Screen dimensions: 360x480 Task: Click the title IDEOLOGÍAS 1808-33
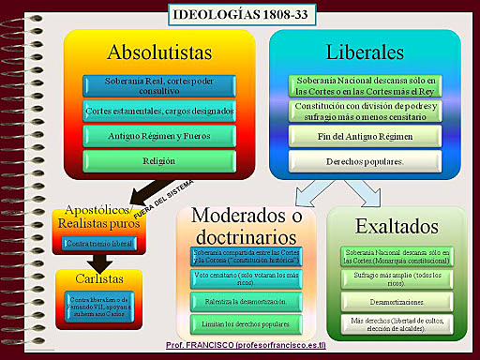click(x=239, y=14)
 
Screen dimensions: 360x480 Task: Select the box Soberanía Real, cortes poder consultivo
click(x=158, y=87)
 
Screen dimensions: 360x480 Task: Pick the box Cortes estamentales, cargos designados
click(x=158, y=112)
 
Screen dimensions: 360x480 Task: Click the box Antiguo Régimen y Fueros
click(x=158, y=135)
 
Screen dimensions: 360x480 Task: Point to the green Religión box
click(x=158, y=159)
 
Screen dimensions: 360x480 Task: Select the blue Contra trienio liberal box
click(x=98, y=244)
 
